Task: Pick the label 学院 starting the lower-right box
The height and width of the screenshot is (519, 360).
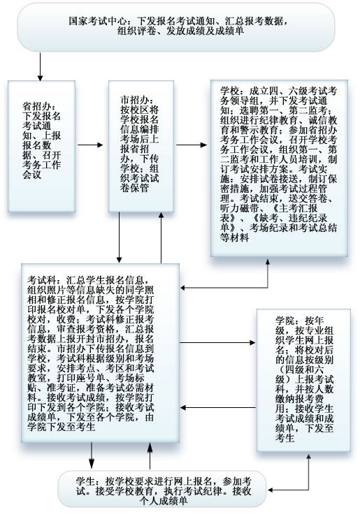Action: click(285, 321)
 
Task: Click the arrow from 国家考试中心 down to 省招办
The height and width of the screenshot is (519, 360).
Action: click(40, 66)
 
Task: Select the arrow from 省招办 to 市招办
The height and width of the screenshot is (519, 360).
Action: click(90, 145)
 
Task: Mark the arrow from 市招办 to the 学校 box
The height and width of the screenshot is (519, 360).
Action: click(192, 145)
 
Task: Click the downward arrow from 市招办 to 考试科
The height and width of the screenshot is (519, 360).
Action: click(120, 237)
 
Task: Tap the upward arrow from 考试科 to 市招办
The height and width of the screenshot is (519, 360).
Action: click(161, 237)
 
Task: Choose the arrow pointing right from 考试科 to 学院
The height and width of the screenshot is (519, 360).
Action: click(217, 342)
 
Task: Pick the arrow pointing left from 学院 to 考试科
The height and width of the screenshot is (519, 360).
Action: click(218, 407)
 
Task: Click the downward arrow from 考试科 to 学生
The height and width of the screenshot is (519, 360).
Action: click(92, 455)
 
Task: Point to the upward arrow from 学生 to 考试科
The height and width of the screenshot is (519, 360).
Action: click(150, 455)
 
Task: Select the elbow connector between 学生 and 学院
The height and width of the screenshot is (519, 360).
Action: click(309, 490)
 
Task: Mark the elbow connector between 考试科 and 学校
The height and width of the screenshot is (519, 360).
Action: click(268, 288)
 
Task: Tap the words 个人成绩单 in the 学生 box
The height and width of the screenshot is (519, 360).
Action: click(164, 501)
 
